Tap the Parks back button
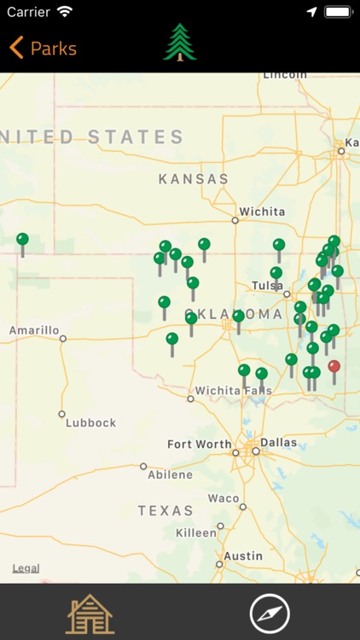point(43,49)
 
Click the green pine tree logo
point(180,43)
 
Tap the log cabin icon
point(90,613)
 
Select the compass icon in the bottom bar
point(270,613)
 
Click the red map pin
point(334,367)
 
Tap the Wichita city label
point(256,211)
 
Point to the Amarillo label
point(34,330)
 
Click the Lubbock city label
point(90,422)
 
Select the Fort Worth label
point(199,445)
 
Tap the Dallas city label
point(279,443)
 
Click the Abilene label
point(170,475)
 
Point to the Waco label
point(224,498)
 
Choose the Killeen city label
point(196,532)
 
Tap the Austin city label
point(243,556)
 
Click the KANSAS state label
point(194,179)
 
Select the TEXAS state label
point(165,511)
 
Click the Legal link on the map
point(26,568)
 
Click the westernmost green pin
point(22,240)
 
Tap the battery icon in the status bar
point(338,13)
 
